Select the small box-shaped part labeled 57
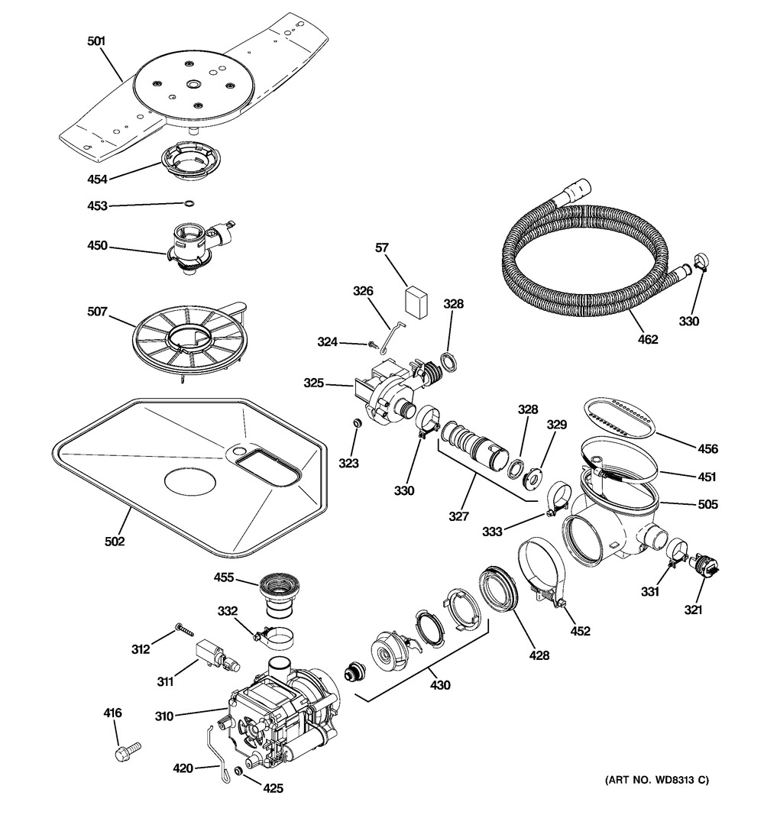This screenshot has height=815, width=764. pyautogui.click(x=416, y=299)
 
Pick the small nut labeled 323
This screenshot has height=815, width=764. pyautogui.click(x=356, y=422)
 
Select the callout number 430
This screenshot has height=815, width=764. pyautogui.click(x=439, y=685)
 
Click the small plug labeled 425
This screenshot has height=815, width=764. pyautogui.click(x=238, y=772)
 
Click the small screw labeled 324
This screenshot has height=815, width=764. pyautogui.click(x=374, y=344)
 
